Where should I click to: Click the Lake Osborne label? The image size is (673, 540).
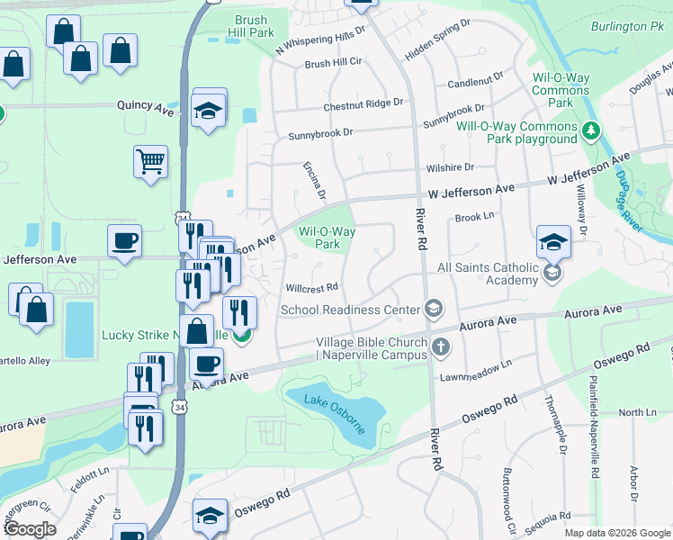pyautogui.click(x=335, y=412)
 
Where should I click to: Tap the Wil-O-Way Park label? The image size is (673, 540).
pyautogui.click(x=327, y=238)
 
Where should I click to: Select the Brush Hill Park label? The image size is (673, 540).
pyautogui.click(x=254, y=26)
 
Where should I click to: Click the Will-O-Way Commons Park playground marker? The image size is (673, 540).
pyautogui.click(x=590, y=131)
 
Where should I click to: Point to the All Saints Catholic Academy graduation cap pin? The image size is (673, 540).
pyautogui.click(x=553, y=241)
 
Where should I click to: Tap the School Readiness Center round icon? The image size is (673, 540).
pyautogui.click(x=434, y=310)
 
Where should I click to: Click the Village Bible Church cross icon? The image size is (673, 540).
pyautogui.click(x=440, y=346)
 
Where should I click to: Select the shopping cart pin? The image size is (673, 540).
pyautogui.click(x=151, y=163)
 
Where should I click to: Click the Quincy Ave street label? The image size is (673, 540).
pyautogui.click(x=145, y=106)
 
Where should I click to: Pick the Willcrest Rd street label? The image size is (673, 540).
pyautogui.click(x=311, y=288)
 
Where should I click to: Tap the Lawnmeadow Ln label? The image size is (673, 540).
pyautogui.click(x=475, y=364)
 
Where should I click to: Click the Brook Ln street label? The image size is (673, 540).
pyautogui.click(x=475, y=217)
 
